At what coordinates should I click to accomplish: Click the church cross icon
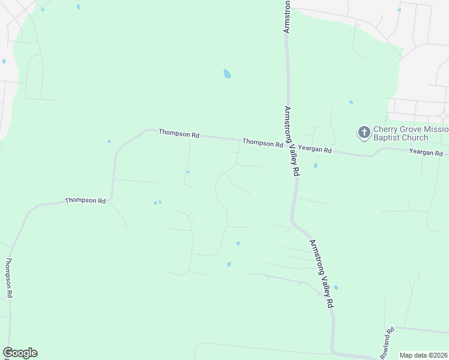coord(364,133)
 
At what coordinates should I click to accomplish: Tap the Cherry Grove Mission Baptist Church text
coord(411,133)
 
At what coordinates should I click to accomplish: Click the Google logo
coord(20,353)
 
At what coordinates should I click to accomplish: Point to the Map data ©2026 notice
coord(423,355)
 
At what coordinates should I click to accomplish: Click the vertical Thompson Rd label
coord(9,278)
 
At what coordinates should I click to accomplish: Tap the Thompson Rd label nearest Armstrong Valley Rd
coord(262,143)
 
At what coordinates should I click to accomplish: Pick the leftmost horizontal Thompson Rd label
coord(85,200)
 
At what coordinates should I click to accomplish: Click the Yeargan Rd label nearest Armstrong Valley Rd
coord(315,149)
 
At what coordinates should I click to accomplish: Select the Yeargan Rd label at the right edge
coord(426,152)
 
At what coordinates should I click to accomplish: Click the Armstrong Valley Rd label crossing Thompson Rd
coord(292,140)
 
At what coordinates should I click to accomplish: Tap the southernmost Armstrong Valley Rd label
coord(321,274)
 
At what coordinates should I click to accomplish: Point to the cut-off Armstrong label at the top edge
coord(286,16)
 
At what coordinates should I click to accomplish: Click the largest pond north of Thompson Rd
coord(227,74)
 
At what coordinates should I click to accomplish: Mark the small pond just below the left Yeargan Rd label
coord(315,166)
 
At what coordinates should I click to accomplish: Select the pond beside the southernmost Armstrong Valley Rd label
coord(336,288)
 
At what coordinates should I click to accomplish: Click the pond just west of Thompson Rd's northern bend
coord(109,142)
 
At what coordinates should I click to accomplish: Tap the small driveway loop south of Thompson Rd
coord(125,226)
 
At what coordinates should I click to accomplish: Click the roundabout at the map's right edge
coord(444,116)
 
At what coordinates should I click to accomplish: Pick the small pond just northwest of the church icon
coord(351,102)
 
